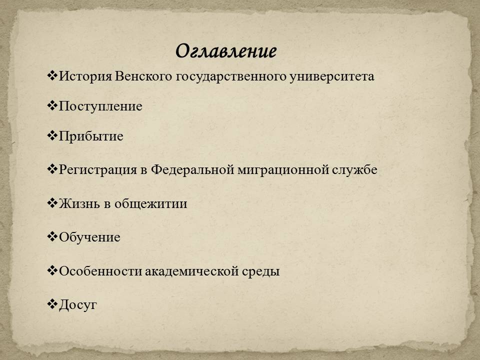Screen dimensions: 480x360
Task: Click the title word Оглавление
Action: coord(226,51)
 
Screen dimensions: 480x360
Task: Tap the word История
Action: coord(85,76)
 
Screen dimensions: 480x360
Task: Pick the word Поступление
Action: coord(100,106)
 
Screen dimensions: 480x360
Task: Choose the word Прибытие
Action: coord(91,136)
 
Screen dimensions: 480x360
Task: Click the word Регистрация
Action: coord(97,170)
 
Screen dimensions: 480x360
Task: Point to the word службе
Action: coord(354,169)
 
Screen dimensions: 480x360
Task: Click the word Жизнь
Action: coord(79,203)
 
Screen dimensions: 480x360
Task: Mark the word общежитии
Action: coord(150,204)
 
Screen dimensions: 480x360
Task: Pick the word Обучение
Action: coord(89,237)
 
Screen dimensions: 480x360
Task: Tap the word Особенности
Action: coord(100,271)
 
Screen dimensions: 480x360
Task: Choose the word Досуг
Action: coord(78,305)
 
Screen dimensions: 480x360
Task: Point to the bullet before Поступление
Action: coord(52,106)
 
